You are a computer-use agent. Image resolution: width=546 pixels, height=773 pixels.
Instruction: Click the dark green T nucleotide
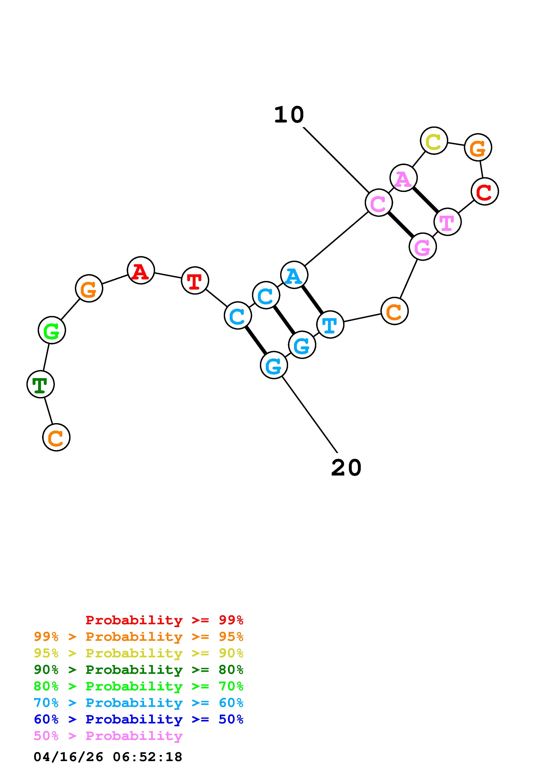tap(40, 384)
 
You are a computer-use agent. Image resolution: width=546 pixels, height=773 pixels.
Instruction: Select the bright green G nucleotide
tap(52, 330)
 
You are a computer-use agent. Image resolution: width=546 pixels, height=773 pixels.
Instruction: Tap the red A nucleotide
tap(141, 270)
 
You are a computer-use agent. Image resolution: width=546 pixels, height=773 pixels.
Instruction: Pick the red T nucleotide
tap(195, 281)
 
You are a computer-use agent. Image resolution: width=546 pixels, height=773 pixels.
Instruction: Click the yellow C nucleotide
tap(434, 141)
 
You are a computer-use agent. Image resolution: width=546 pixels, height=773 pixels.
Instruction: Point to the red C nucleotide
tap(484, 191)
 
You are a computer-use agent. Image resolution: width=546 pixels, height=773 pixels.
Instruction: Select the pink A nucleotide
tap(403, 178)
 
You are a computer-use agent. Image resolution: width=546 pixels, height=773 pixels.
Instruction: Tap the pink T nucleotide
tap(447, 222)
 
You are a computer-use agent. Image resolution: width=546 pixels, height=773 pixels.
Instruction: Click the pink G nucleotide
tap(422, 247)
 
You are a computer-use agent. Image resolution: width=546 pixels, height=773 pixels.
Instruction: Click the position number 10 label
tap(289, 115)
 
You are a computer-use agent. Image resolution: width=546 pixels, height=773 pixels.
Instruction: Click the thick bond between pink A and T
tap(426, 200)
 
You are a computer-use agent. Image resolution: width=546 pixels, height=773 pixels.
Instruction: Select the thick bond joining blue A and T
tap(312, 300)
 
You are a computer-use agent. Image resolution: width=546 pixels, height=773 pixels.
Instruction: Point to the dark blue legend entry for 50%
tap(138, 719)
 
